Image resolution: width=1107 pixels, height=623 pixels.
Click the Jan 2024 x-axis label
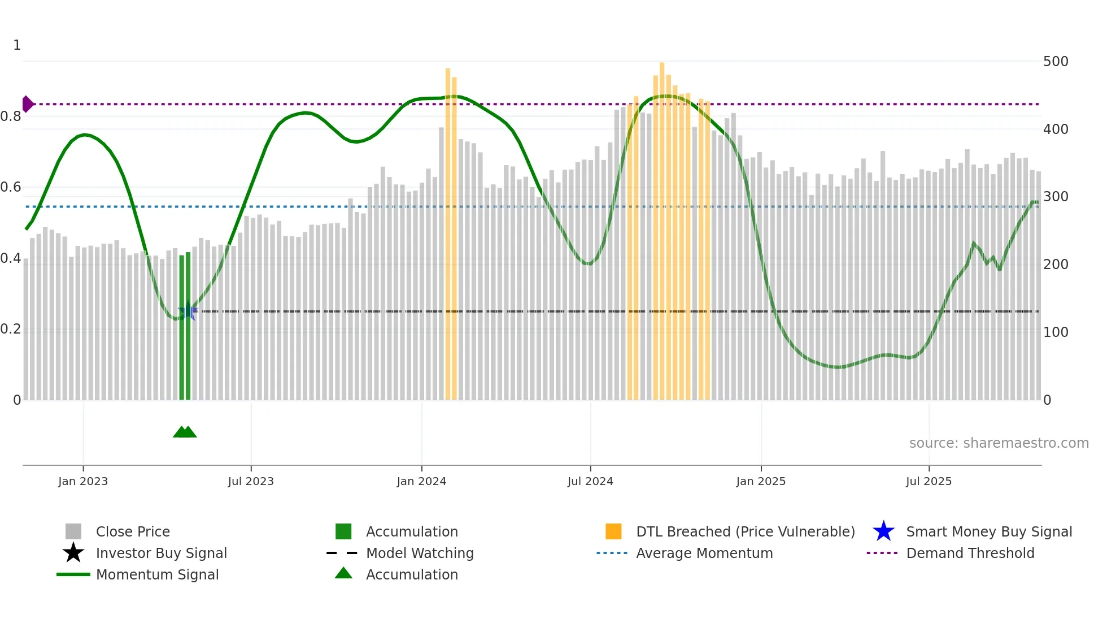(421, 481)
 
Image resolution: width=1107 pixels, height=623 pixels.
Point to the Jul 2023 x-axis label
(251, 481)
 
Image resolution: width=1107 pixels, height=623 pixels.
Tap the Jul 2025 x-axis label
(929, 481)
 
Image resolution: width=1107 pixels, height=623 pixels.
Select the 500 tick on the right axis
(1056, 61)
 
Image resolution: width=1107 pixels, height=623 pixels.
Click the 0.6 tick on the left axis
(11, 187)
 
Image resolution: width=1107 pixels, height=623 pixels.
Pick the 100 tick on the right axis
(1056, 332)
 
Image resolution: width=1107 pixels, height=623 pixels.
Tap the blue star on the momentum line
(188, 311)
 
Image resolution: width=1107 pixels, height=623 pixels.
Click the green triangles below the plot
(185, 432)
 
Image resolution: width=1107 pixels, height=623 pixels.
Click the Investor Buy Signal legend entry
(161, 553)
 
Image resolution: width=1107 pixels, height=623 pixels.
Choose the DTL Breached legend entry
(745, 531)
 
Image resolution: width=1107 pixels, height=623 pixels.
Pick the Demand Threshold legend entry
(970, 553)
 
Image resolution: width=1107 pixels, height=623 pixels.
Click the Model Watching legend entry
(419, 553)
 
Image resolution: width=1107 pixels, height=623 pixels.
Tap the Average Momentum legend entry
(704, 553)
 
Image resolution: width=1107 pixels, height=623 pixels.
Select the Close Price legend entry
(132, 531)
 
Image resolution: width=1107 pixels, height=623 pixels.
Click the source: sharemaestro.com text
(999, 443)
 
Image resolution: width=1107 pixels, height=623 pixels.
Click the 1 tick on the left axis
(17, 45)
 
